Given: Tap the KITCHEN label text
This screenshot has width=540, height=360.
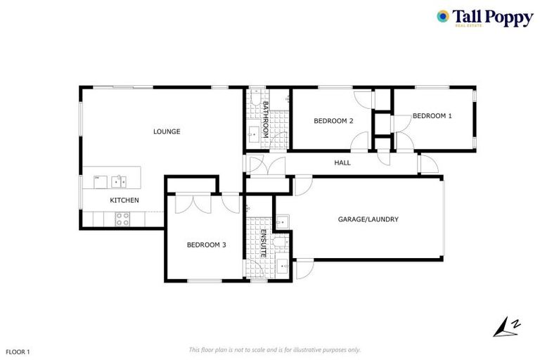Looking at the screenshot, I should pos(124,200).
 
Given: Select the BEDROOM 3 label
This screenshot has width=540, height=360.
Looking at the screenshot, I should pos(206,245).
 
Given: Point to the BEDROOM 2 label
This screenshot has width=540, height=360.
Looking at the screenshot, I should pos(333,121).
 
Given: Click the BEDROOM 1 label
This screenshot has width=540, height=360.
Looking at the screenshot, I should pos(432,115).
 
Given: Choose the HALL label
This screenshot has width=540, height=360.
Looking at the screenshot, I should pos(342,162).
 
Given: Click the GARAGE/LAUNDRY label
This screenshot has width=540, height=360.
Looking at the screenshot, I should pos(368,219).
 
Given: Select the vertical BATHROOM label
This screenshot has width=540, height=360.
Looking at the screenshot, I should pos(266,118).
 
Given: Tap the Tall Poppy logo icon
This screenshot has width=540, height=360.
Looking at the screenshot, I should pos(442,16).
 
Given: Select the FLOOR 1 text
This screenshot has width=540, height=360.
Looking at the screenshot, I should pos(18,350).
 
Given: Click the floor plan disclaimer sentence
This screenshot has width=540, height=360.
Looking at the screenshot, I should pos(274,349).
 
